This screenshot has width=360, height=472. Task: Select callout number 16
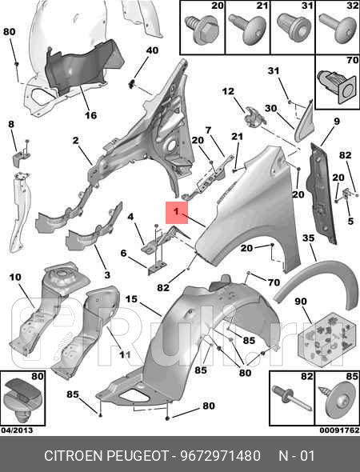[x=90, y=115]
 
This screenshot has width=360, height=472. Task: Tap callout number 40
[x=152, y=50]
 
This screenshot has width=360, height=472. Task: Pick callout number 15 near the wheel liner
[x=131, y=299]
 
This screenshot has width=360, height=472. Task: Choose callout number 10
[x=15, y=277]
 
